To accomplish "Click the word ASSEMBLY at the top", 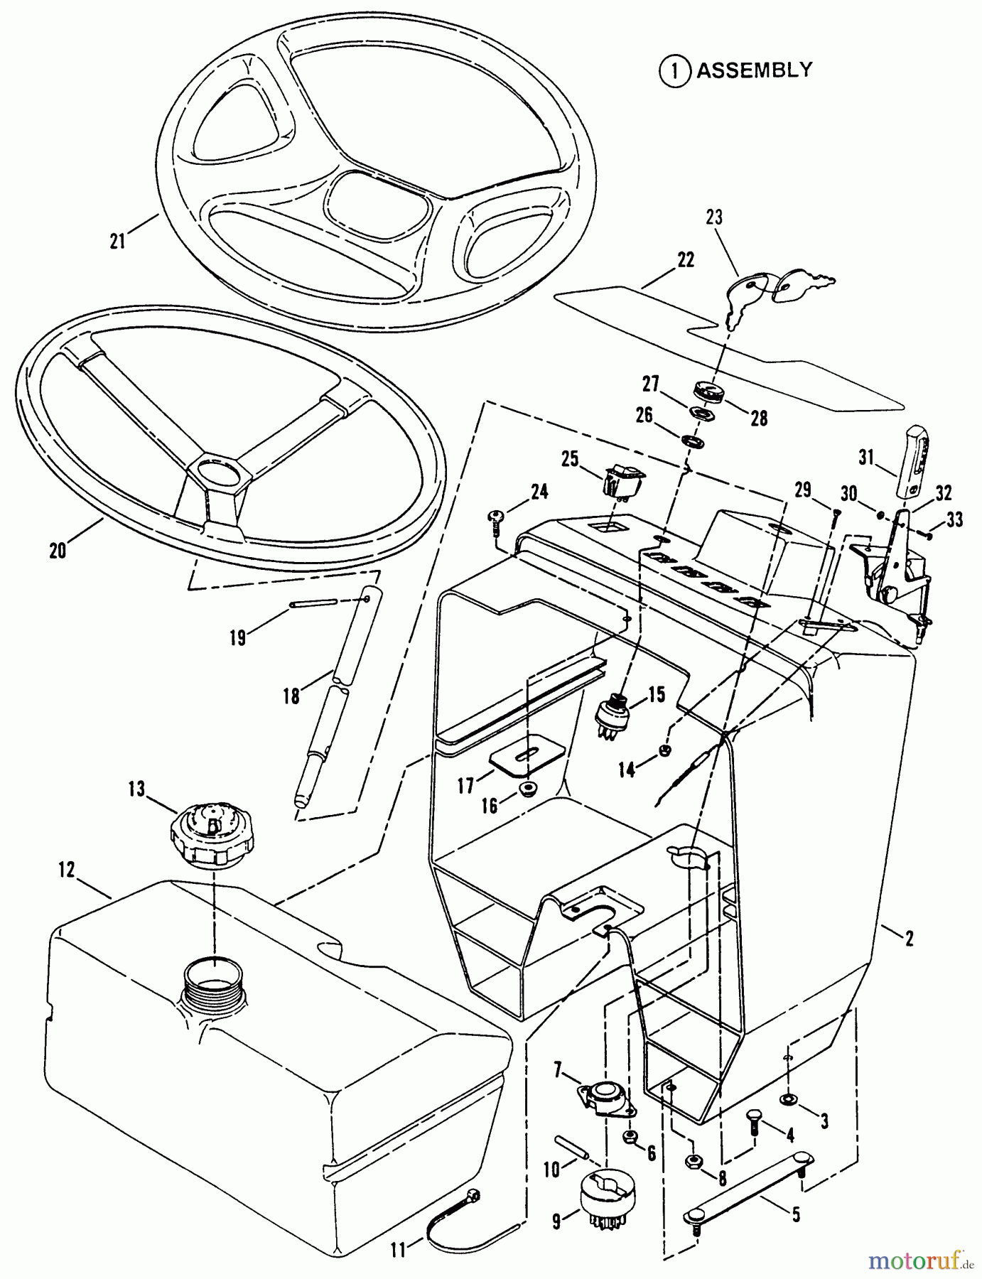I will click(x=754, y=70).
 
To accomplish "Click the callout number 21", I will click(x=118, y=241).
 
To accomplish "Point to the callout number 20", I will click(x=58, y=549).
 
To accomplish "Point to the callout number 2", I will click(x=909, y=938).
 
